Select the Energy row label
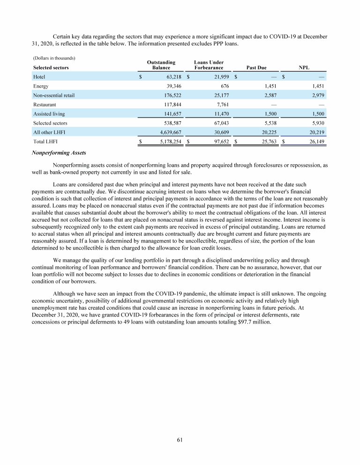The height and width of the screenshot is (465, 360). (41, 86)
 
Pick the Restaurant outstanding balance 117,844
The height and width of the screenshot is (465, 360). (171, 104)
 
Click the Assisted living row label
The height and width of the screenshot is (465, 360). (49, 114)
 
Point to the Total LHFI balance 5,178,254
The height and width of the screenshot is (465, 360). (168, 140)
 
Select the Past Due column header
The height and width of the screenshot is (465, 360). (256, 68)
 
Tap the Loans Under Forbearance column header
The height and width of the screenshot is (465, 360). (209, 65)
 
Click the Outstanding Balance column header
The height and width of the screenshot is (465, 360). (161, 65)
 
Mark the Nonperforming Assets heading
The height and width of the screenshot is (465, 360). (59, 153)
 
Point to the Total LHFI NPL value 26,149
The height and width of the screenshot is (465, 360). (316, 140)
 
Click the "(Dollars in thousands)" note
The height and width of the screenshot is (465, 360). (54, 58)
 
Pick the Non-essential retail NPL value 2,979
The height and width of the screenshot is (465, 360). (317, 96)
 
